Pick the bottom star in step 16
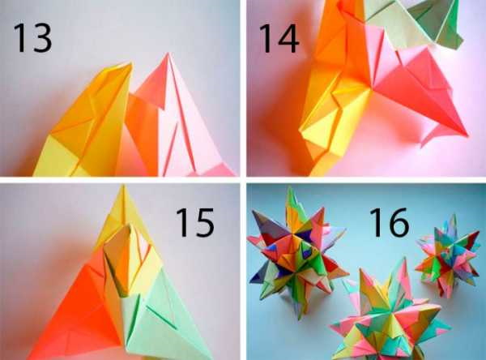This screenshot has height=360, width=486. pyautogui.click(x=389, y=316)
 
